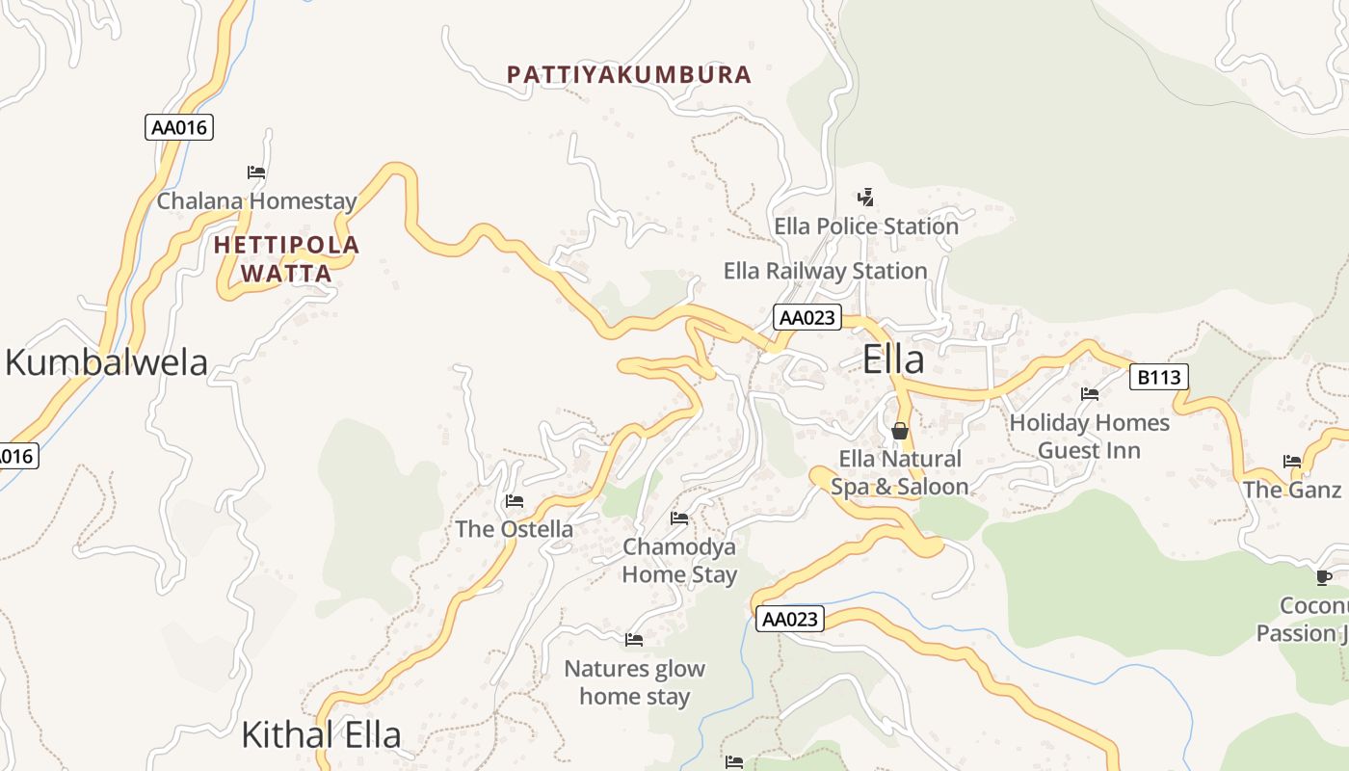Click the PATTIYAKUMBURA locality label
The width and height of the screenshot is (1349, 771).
(x=628, y=74)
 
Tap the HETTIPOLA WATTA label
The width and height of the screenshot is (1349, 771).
(x=286, y=259)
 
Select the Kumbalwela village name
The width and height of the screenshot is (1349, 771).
(x=106, y=362)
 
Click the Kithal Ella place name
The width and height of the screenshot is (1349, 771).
(x=320, y=734)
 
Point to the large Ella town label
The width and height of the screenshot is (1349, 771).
(x=893, y=359)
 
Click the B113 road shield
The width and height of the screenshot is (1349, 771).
(x=1158, y=377)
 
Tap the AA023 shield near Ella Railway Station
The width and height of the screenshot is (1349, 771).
(x=807, y=317)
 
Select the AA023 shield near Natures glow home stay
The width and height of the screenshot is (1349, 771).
(x=789, y=619)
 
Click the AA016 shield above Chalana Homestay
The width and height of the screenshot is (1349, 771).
(x=178, y=127)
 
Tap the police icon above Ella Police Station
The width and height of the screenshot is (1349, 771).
(x=865, y=198)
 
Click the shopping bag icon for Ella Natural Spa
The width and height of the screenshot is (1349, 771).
(x=900, y=431)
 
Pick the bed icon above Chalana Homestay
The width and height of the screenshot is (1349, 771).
(x=256, y=173)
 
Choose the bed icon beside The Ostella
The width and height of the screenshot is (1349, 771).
(x=515, y=501)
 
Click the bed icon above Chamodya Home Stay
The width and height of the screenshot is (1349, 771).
(x=679, y=518)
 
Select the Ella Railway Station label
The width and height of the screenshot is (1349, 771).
(x=825, y=271)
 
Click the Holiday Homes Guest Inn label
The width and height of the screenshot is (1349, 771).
(x=1089, y=437)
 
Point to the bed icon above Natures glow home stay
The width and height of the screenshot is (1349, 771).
(x=634, y=639)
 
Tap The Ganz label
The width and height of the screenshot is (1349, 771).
(x=1291, y=490)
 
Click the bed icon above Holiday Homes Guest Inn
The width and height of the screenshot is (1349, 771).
(x=1090, y=394)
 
